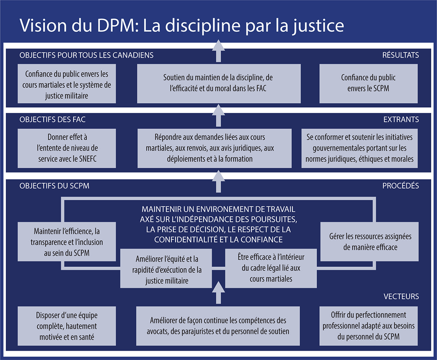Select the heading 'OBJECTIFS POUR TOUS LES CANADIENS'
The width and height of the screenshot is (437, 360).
pyautogui.click(x=86, y=55)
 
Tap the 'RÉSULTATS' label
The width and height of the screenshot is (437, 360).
pyautogui.click(x=401, y=55)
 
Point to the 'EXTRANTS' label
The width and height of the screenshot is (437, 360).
pyautogui.click(x=401, y=119)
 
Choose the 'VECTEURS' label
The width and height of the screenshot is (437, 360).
pyautogui.click(x=401, y=296)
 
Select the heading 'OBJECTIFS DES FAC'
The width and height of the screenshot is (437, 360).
pyautogui.click(x=53, y=119)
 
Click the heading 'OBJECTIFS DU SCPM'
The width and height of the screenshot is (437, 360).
pyautogui.click(x=54, y=186)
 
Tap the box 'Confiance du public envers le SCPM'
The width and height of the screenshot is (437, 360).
pyautogui.click(x=368, y=83)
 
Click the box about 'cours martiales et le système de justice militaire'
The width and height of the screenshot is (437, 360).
pyautogui.click(x=67, y=83)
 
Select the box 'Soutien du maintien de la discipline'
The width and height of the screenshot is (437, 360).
pyautogui.click(x=219, y=83)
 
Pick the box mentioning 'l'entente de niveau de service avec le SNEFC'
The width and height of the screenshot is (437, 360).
pyautogui.click(x=67, y=148)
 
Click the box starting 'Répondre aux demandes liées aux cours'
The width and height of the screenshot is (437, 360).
pyautogui.click(x=214, y=148)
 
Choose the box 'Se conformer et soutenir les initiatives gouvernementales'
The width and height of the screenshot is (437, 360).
pyautogui.click(x=360, y=148)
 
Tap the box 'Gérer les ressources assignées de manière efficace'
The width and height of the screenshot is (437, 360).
pyautogui.click(x=369, y=242)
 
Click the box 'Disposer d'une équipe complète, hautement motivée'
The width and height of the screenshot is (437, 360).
pyautogui.click(x=67, y=326)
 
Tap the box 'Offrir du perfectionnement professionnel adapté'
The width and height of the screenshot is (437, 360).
pyautogui.click(x=368, y=326)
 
